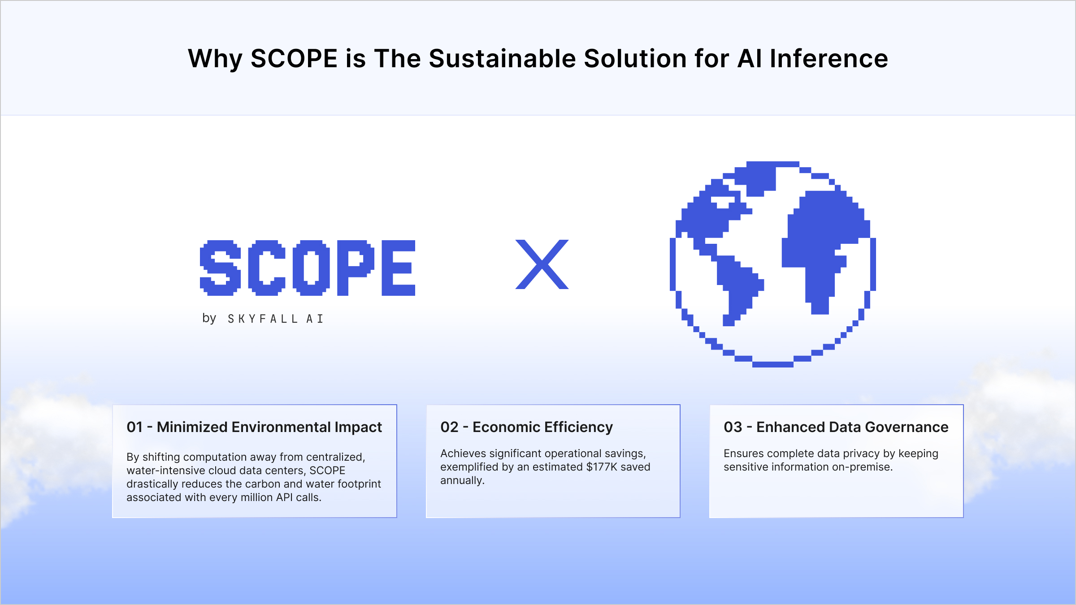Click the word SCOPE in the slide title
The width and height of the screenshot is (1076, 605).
click(294, 59)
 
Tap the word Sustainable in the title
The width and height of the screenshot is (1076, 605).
click(502, 59)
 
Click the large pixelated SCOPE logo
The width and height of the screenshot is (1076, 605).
click(308, 268)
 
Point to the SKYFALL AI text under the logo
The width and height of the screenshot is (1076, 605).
click(275, 319)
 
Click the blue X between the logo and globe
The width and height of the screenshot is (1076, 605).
click(542, 264)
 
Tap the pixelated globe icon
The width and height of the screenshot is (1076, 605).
click(772, 264)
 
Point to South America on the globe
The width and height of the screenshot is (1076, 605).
click(738, 287)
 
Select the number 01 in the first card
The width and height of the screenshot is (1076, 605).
click(134, 427)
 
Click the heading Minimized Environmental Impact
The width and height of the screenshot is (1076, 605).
click(269, 427)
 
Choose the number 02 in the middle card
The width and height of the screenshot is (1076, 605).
click(449, 427)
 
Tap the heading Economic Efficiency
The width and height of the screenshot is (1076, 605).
click(542, 427)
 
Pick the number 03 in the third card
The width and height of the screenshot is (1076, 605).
click(733, 427)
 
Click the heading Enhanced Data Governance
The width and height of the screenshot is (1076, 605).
click(852, 427)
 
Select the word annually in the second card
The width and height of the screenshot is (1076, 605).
click(462, 480)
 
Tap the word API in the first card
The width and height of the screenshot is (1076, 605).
click(285, 497)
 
